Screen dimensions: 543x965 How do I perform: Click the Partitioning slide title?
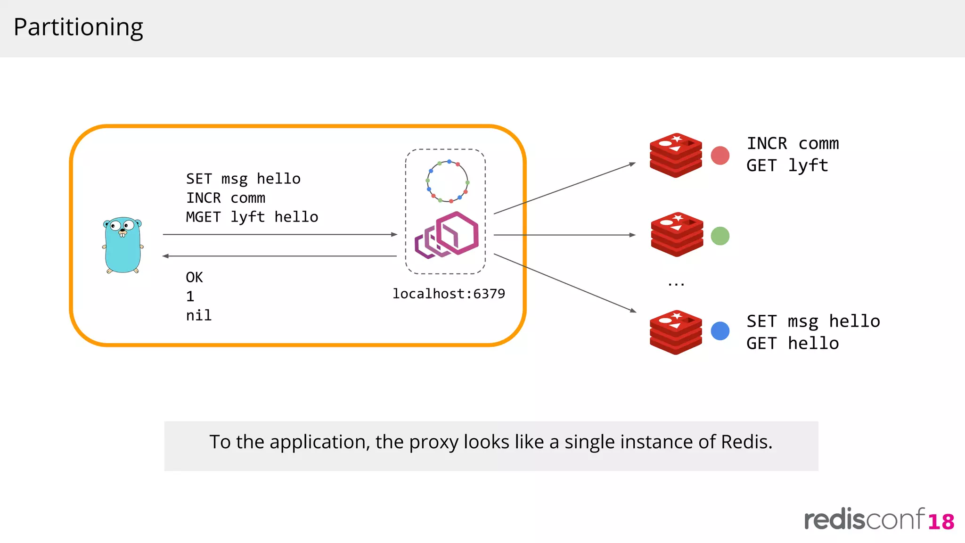(78, 27)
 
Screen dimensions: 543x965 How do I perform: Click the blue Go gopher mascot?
(123, 245)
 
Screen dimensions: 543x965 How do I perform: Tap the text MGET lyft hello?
(252, 217)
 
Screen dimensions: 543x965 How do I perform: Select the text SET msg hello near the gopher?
(243, 179)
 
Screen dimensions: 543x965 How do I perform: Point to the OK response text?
(194, 277)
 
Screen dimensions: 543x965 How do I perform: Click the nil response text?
(198, 315)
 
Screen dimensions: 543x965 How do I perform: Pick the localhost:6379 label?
(449, 294)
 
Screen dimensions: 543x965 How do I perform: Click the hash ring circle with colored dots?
(447, 181)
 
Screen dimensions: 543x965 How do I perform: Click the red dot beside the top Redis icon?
(720, 156)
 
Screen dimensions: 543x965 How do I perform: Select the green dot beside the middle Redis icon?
(720, 236)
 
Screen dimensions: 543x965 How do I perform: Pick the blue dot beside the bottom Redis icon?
(720, 331)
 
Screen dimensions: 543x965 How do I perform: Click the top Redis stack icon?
(676, 155)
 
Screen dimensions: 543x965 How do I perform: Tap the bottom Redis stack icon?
(676, 332)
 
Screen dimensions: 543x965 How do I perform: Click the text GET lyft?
(787, 165)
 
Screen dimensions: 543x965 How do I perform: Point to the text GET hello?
(793, 343)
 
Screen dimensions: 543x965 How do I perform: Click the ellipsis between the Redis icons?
(676, 284)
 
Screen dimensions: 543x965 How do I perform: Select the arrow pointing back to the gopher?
(280, 256)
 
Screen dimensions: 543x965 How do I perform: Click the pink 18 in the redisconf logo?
(941, 522)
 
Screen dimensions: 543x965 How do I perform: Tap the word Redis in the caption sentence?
(746, 442)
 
